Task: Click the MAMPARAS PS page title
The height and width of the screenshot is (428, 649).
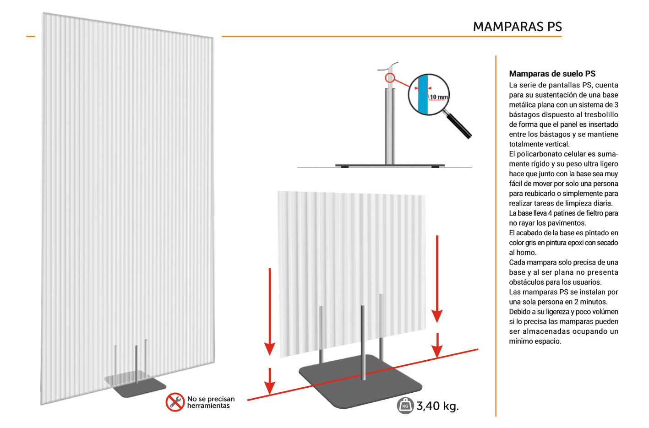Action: click(517, 27)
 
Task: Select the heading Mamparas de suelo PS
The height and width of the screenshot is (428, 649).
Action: click(552, 74)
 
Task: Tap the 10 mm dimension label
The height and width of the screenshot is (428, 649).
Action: click(439, 97)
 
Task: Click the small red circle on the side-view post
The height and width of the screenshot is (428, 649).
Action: click(390, 78)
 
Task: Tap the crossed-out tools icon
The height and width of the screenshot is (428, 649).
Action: click(175, 402)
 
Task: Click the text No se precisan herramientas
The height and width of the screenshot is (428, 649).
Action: click(211, 402)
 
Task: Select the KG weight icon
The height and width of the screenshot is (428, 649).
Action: click(405, 406)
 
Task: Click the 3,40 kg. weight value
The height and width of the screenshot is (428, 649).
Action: click(437, 406)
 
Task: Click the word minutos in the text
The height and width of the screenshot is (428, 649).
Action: click(594, 302)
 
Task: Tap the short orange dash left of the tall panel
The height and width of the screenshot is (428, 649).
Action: click(31, 36)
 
